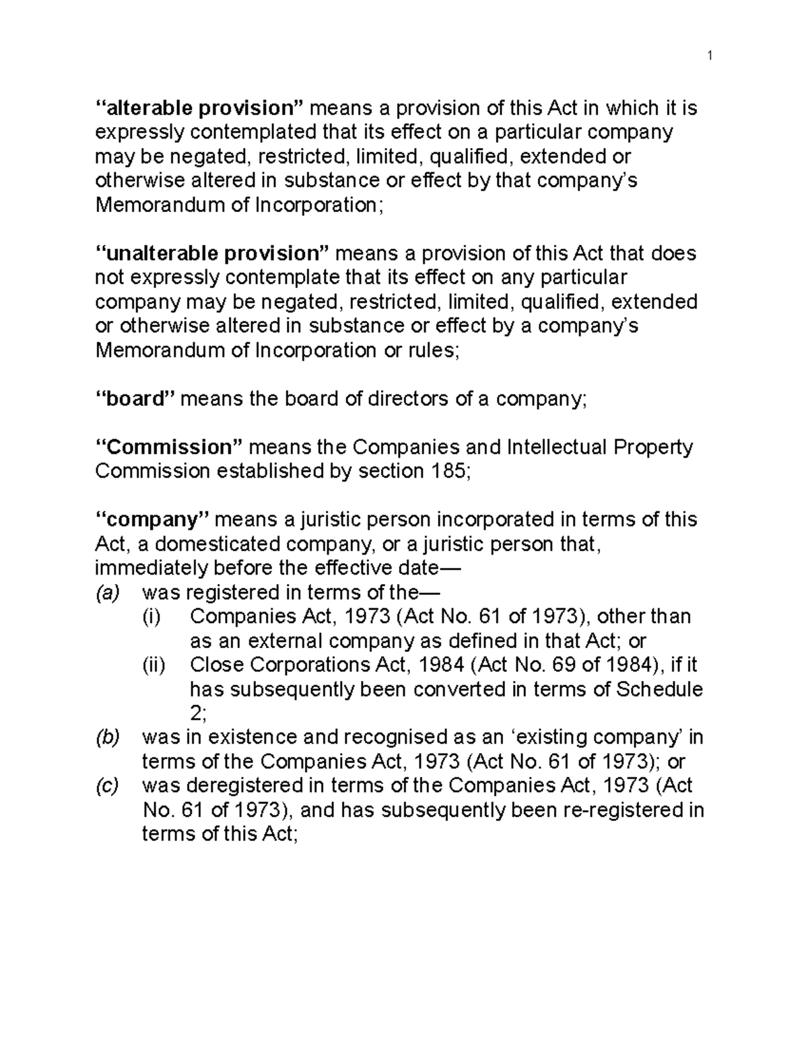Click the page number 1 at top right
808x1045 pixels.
click(709, 56)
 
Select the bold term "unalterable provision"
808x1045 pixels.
click(212, 254)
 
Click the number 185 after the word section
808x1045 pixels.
click(446, 472)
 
